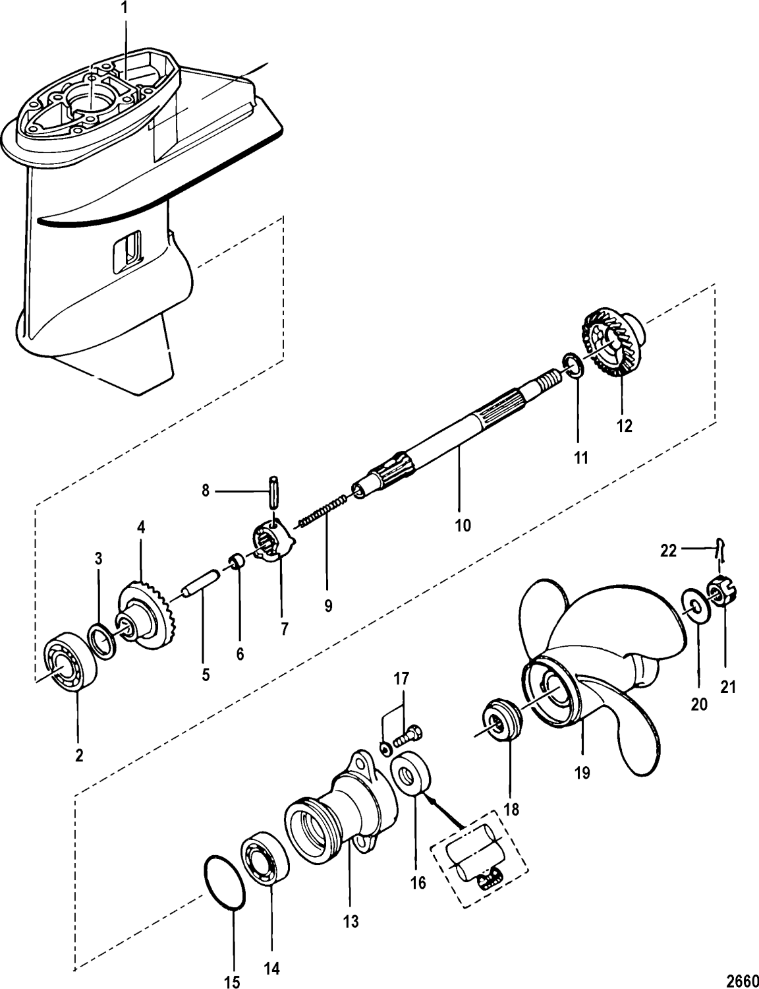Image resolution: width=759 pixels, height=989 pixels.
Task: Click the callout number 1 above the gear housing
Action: point(125,9)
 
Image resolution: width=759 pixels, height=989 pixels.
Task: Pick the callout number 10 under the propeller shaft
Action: point(463,525)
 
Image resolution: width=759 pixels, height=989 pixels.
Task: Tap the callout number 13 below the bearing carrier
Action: point(351,922)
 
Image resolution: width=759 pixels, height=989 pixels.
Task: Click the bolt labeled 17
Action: point(407,731)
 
